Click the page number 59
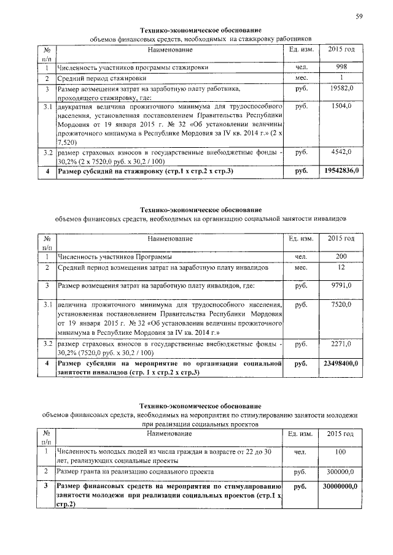point(359,17)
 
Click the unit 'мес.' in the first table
point(301,78)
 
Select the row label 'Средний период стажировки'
point(102,78)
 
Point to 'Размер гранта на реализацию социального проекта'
point(135,472)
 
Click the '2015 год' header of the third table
point(341,434)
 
